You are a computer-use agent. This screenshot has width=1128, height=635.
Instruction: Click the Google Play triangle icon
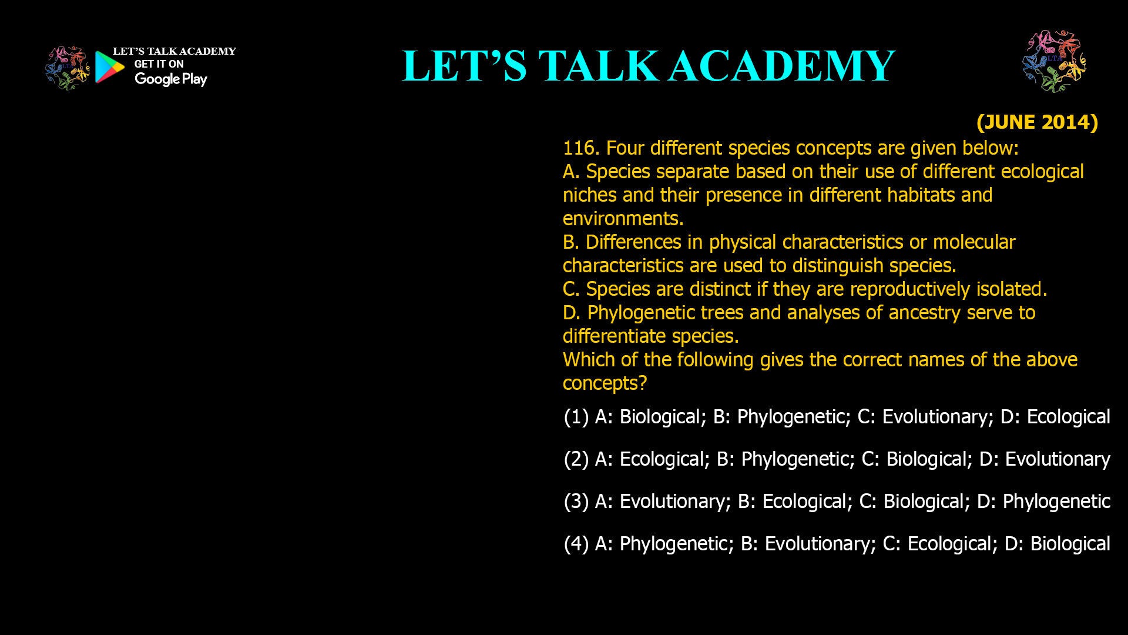(109, 67)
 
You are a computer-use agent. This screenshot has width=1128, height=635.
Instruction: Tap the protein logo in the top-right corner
(1054, 61)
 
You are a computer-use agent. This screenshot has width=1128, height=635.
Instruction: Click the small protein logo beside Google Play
(67, 68)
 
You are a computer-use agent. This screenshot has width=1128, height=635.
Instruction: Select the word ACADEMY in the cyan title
(781, 66)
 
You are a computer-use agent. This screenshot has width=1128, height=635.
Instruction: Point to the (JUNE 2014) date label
(1037, 122)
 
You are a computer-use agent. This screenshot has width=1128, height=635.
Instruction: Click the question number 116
(580, 148)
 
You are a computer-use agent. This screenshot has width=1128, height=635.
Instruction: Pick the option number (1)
(576, 417)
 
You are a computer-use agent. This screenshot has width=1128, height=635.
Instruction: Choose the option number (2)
(576, 459)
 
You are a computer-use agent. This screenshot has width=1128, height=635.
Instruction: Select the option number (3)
(576, 502)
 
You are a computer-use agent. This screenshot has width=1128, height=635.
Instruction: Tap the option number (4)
(576, 544)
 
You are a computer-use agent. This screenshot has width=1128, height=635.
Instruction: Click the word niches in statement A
(590, 195)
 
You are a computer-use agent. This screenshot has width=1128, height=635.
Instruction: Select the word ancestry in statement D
(925, 313)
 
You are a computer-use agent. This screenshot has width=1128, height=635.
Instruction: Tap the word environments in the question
(623, 219)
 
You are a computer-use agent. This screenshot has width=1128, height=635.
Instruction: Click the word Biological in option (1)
(663, 417)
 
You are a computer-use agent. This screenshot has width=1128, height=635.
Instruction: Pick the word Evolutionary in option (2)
(1057, 459)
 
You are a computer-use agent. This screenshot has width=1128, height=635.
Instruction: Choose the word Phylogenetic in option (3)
(1056, 502)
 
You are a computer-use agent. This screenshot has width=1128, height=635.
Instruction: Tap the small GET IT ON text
(159, 64)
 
